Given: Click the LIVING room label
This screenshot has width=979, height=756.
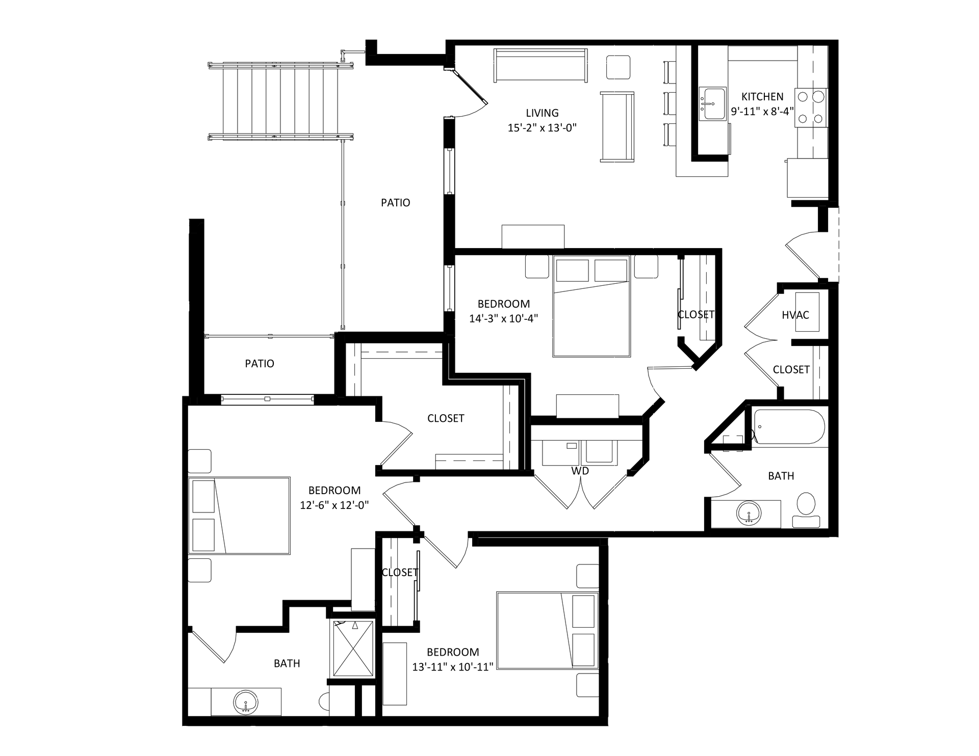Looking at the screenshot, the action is coord(542,113).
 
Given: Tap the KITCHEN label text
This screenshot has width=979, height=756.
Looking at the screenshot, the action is coord(762,97).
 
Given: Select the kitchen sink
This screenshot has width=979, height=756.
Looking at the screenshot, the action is coord(712,104).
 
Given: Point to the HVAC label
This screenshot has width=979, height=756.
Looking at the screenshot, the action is coord(795,315).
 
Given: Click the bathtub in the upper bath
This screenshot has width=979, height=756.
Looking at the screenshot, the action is coord(789,426).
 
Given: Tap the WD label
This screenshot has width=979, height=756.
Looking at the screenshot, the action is coord(580,471).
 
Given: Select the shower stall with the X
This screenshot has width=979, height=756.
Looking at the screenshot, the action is coord(353,649).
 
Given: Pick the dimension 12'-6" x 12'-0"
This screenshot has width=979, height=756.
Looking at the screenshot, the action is coord(334,505).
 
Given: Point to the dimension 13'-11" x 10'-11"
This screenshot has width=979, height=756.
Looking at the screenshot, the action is coord(452,667).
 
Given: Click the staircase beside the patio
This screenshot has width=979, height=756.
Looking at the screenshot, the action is coord(281,101).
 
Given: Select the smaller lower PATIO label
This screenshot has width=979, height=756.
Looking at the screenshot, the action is coord(260,364).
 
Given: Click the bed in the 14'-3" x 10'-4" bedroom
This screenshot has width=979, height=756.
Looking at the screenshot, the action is coord(591,306).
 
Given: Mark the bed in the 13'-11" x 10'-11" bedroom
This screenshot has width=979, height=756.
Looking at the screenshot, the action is coord(548,630).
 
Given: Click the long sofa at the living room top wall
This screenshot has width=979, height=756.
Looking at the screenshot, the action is coord(540,65).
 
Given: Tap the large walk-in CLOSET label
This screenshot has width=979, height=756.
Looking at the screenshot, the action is coord(446,418).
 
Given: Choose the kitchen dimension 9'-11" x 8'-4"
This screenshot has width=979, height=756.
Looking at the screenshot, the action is coord(762,112).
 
